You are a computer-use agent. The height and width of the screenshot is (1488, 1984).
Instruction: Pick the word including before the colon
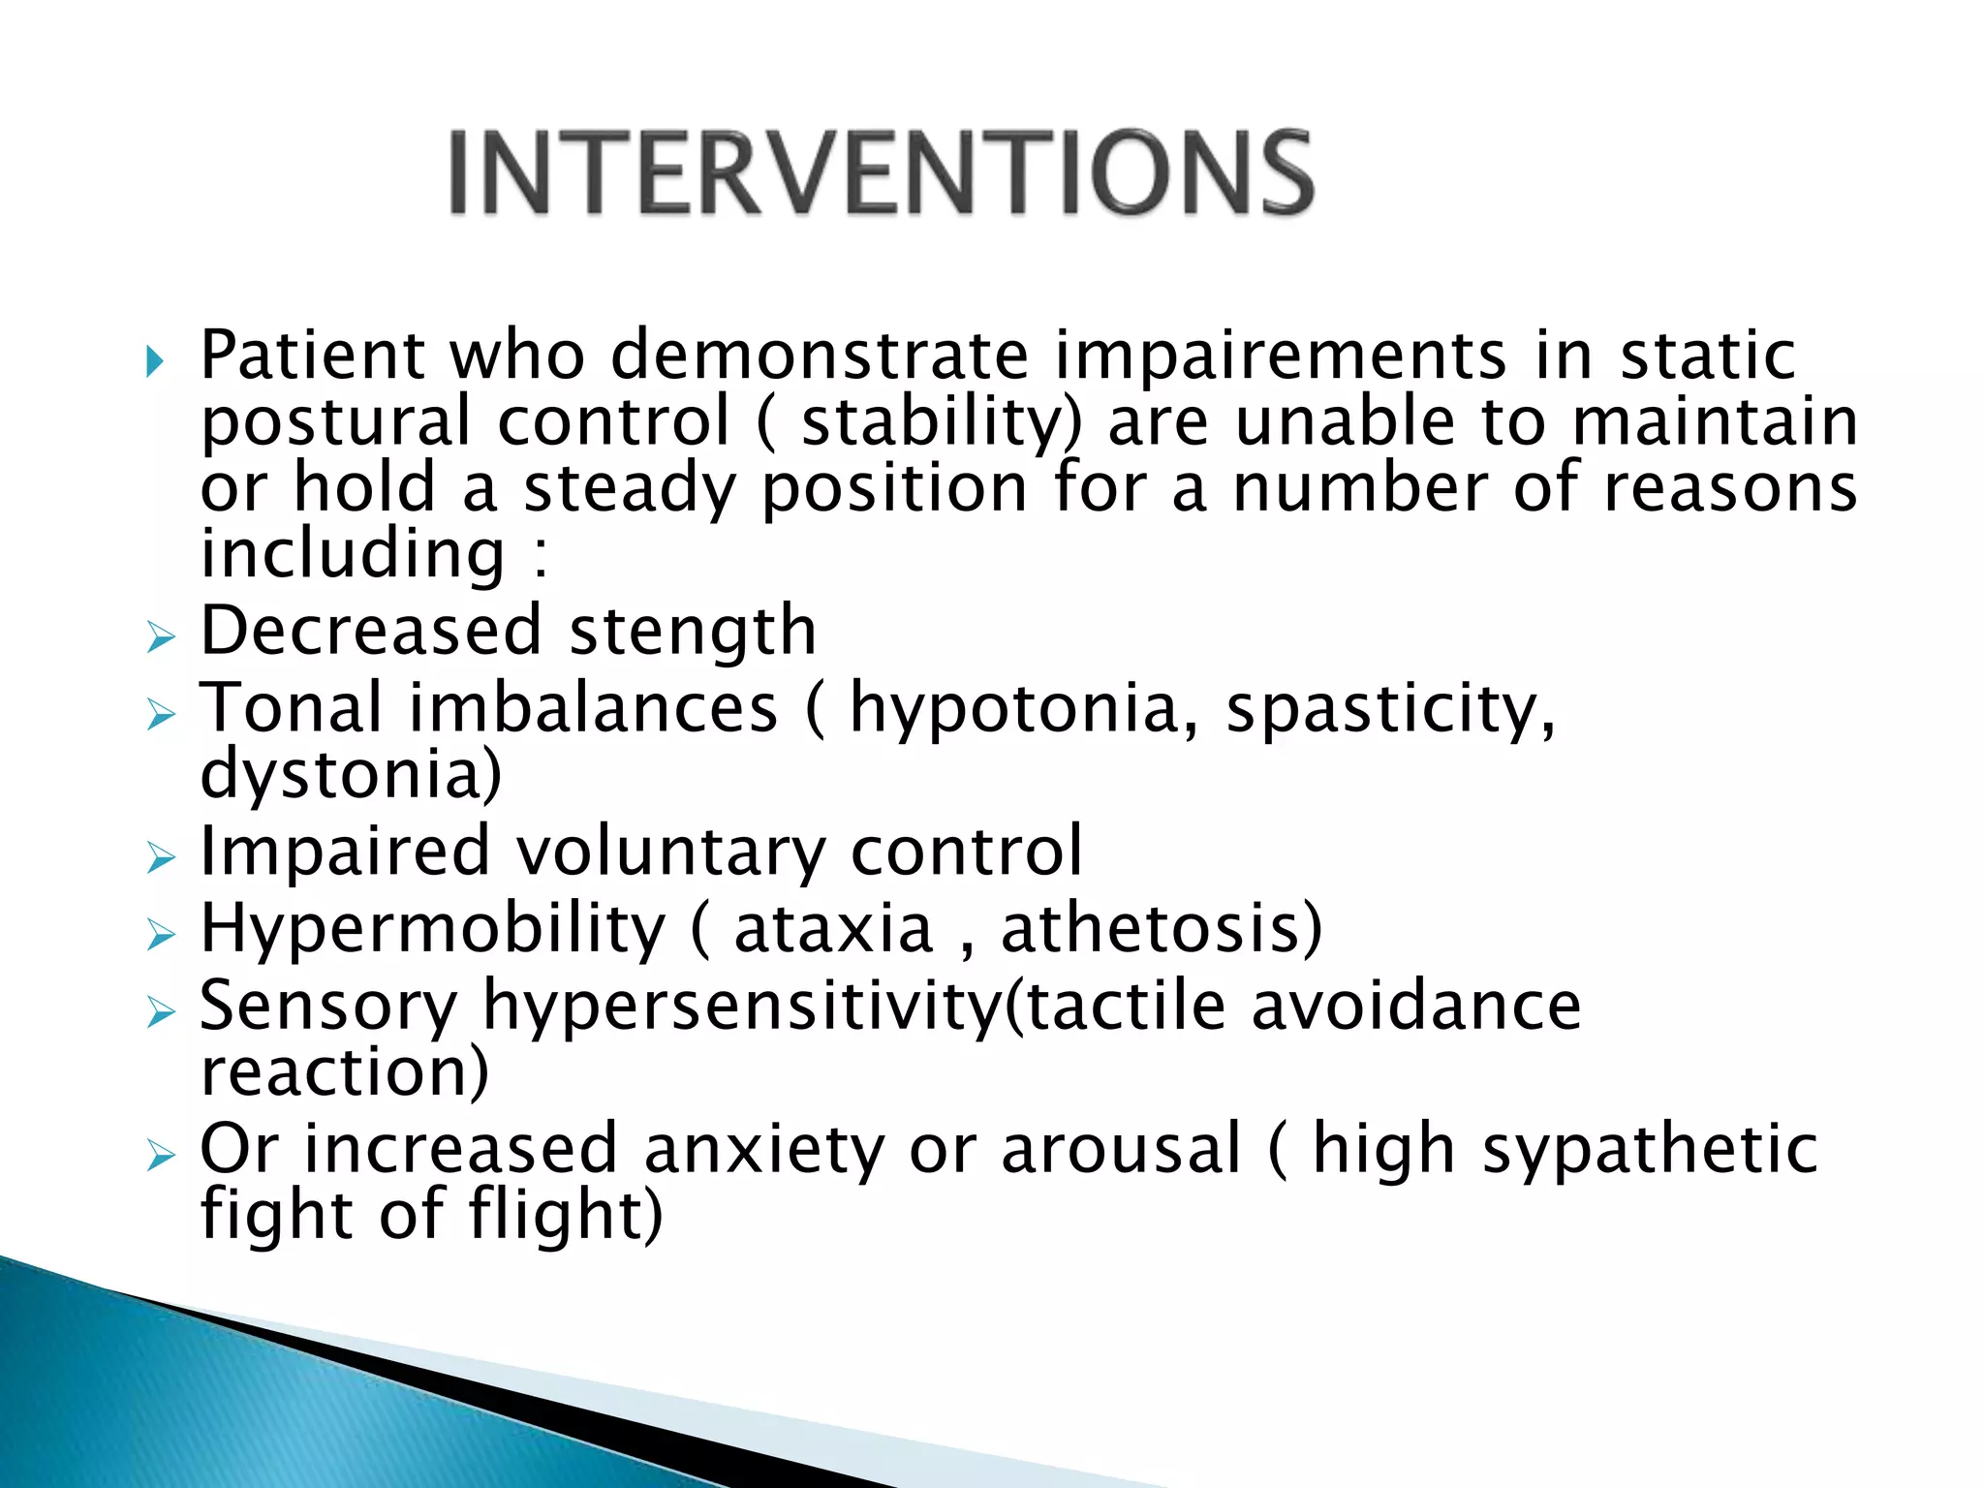tap(353, 554)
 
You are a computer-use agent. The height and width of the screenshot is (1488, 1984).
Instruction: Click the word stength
tap(693, 632)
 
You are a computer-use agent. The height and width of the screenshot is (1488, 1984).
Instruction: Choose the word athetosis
tap(1159, 928)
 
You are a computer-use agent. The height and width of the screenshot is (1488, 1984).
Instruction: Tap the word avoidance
tap(1415, 1006)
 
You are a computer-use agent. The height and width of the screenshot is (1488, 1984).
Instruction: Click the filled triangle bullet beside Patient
tap(154, 362)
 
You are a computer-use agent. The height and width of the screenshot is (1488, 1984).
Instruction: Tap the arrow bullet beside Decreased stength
tap(161, 637)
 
